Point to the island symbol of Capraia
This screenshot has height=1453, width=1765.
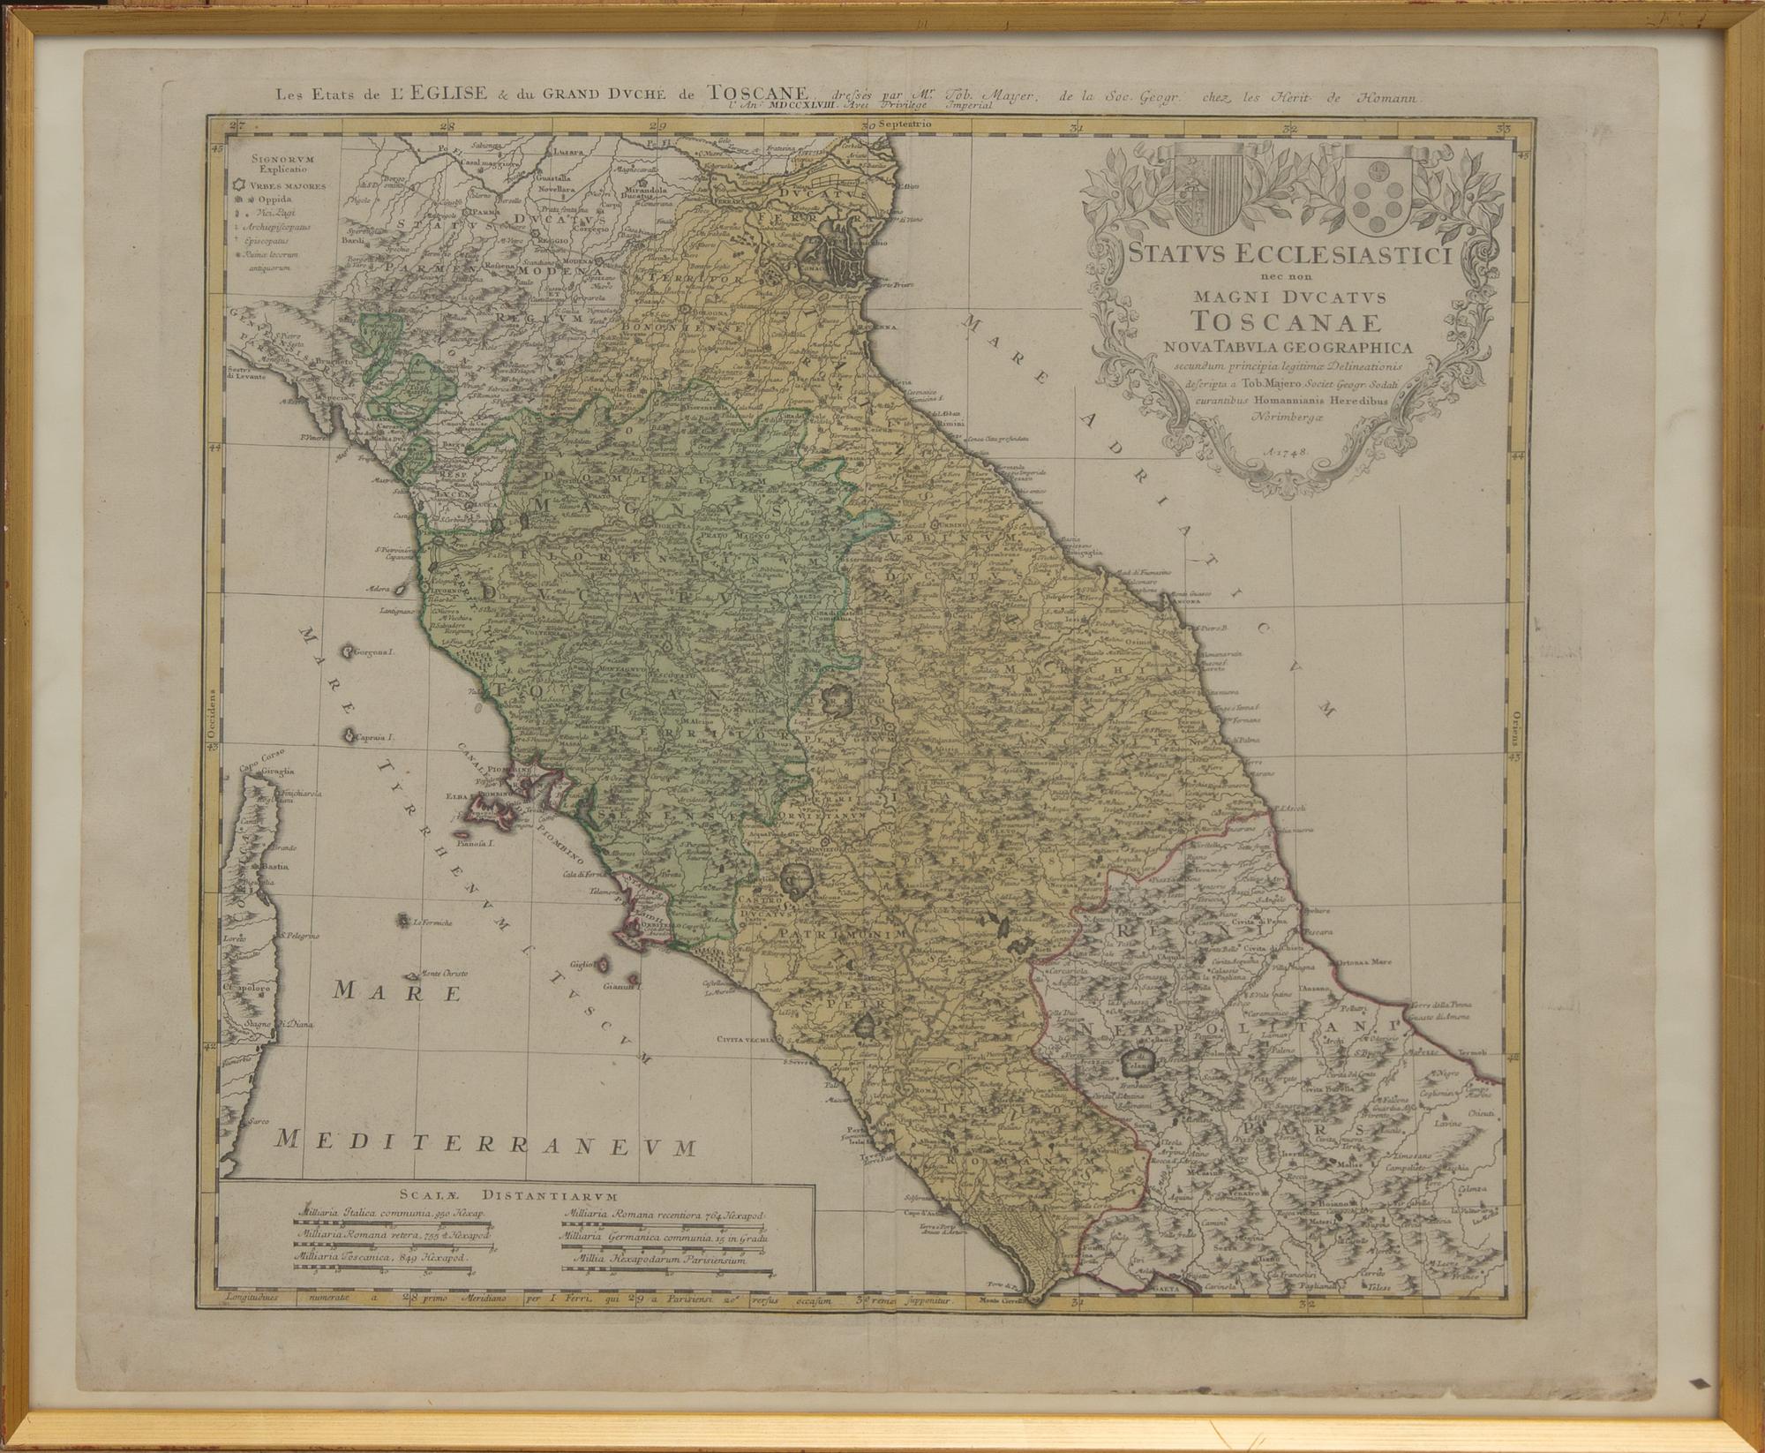pyautogui.click(x=350, y=734)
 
